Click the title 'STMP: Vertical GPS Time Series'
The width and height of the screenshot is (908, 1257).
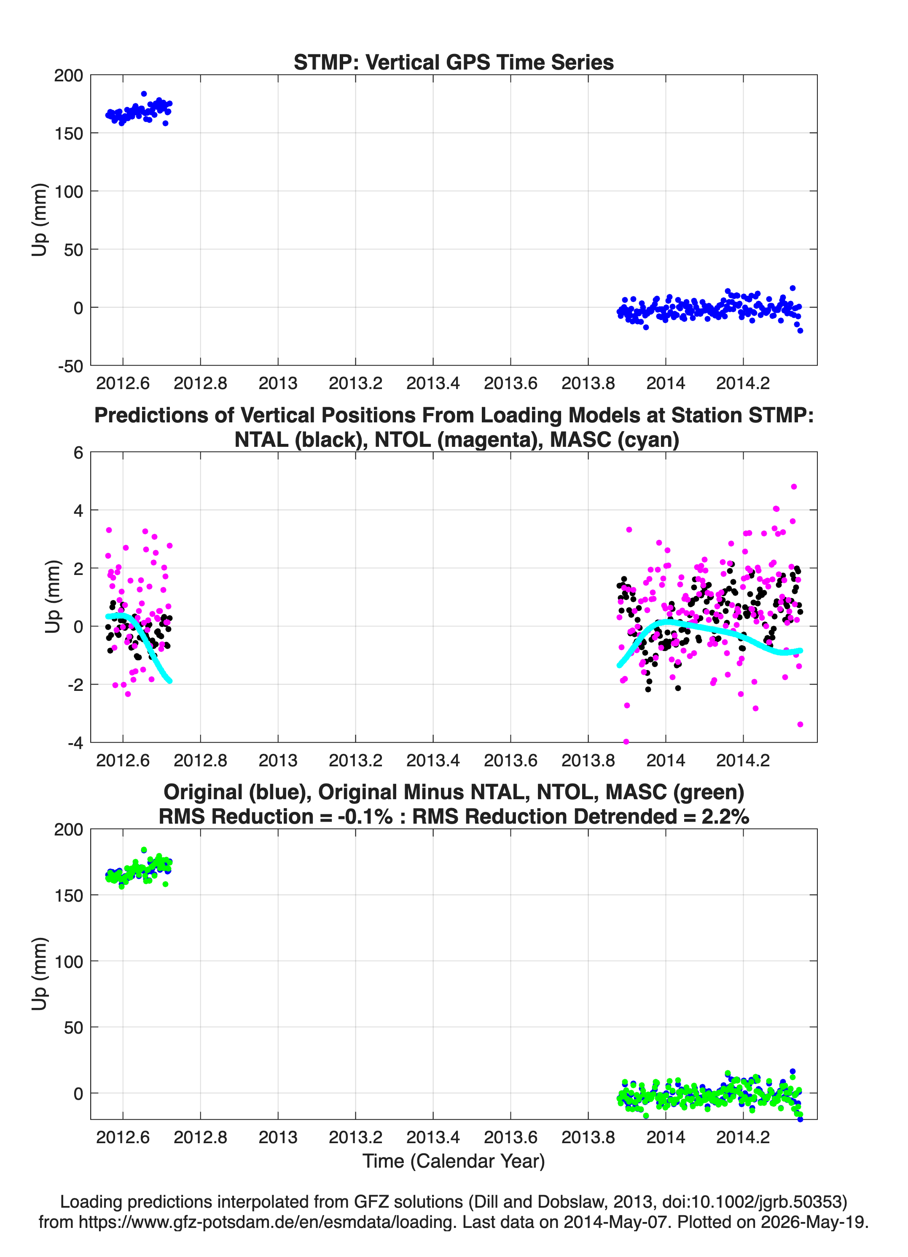[454, 62]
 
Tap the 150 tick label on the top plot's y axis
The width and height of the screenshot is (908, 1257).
[68, 133]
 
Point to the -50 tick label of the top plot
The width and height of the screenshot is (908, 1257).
[70, 366]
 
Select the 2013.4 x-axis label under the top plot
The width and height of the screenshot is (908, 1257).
[433, 383]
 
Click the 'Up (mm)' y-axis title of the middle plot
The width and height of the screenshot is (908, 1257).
[53, 596]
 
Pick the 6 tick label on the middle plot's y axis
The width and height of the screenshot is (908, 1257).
[78, 452]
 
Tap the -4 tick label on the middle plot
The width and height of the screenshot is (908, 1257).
[75, 743]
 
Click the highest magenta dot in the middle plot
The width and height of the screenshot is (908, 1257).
[794, 486]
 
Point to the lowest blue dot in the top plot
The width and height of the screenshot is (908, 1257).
[800, 331]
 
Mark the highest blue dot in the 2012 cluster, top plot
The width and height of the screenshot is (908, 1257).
[144, 94]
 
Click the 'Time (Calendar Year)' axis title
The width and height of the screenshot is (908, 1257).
[454, 1161]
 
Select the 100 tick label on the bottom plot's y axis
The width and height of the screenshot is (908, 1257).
[68, 962]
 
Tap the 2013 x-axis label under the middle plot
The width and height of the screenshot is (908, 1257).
[278, 760]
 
